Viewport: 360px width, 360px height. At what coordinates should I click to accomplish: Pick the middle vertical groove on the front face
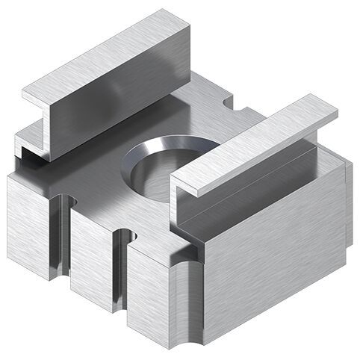(120, 269)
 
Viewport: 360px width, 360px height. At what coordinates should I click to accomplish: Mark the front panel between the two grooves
(90, 254)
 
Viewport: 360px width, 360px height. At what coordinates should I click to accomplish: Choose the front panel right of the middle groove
(149, 295)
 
